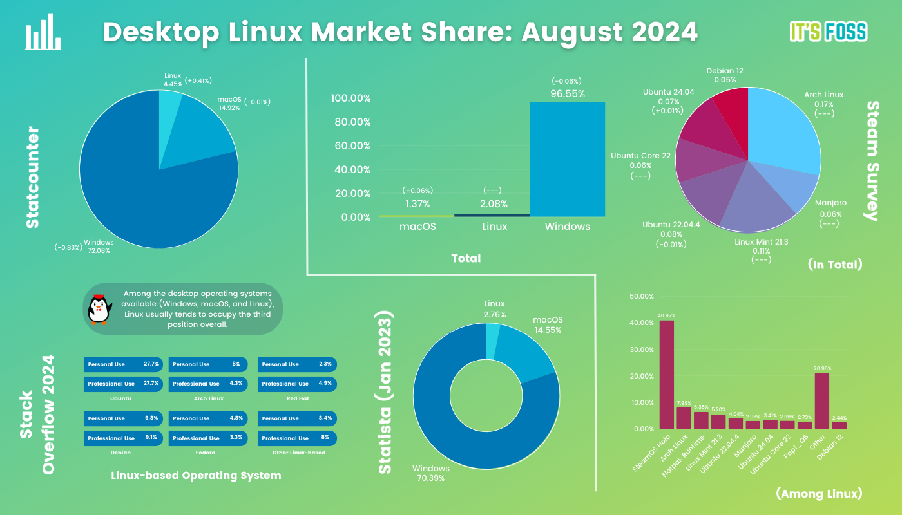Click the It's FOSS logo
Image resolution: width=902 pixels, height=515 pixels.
[828, 32]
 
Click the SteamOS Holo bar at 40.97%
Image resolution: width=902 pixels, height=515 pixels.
[666, 374]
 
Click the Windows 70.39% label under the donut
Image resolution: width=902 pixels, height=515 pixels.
[431, 473]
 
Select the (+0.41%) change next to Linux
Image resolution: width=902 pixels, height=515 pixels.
[198, 80]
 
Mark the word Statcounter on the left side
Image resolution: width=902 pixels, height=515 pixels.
[32, 177]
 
